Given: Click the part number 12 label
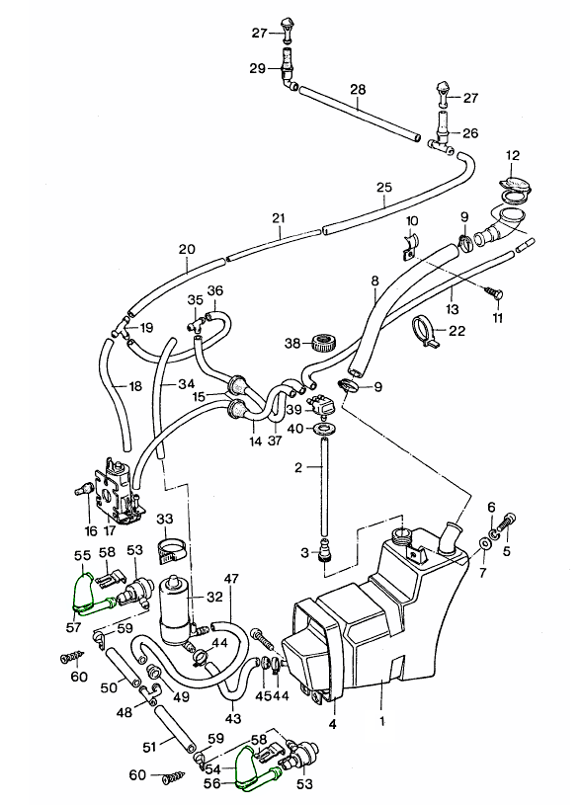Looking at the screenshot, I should click(x=512, y=155).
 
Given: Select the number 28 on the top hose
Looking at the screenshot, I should click(x=358, y=90).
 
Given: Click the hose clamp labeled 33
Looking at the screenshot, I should click(x=171, y=544).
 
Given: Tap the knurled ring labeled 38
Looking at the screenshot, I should click(x=319, y=344).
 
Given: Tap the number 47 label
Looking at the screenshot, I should click(x=231, y=578).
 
